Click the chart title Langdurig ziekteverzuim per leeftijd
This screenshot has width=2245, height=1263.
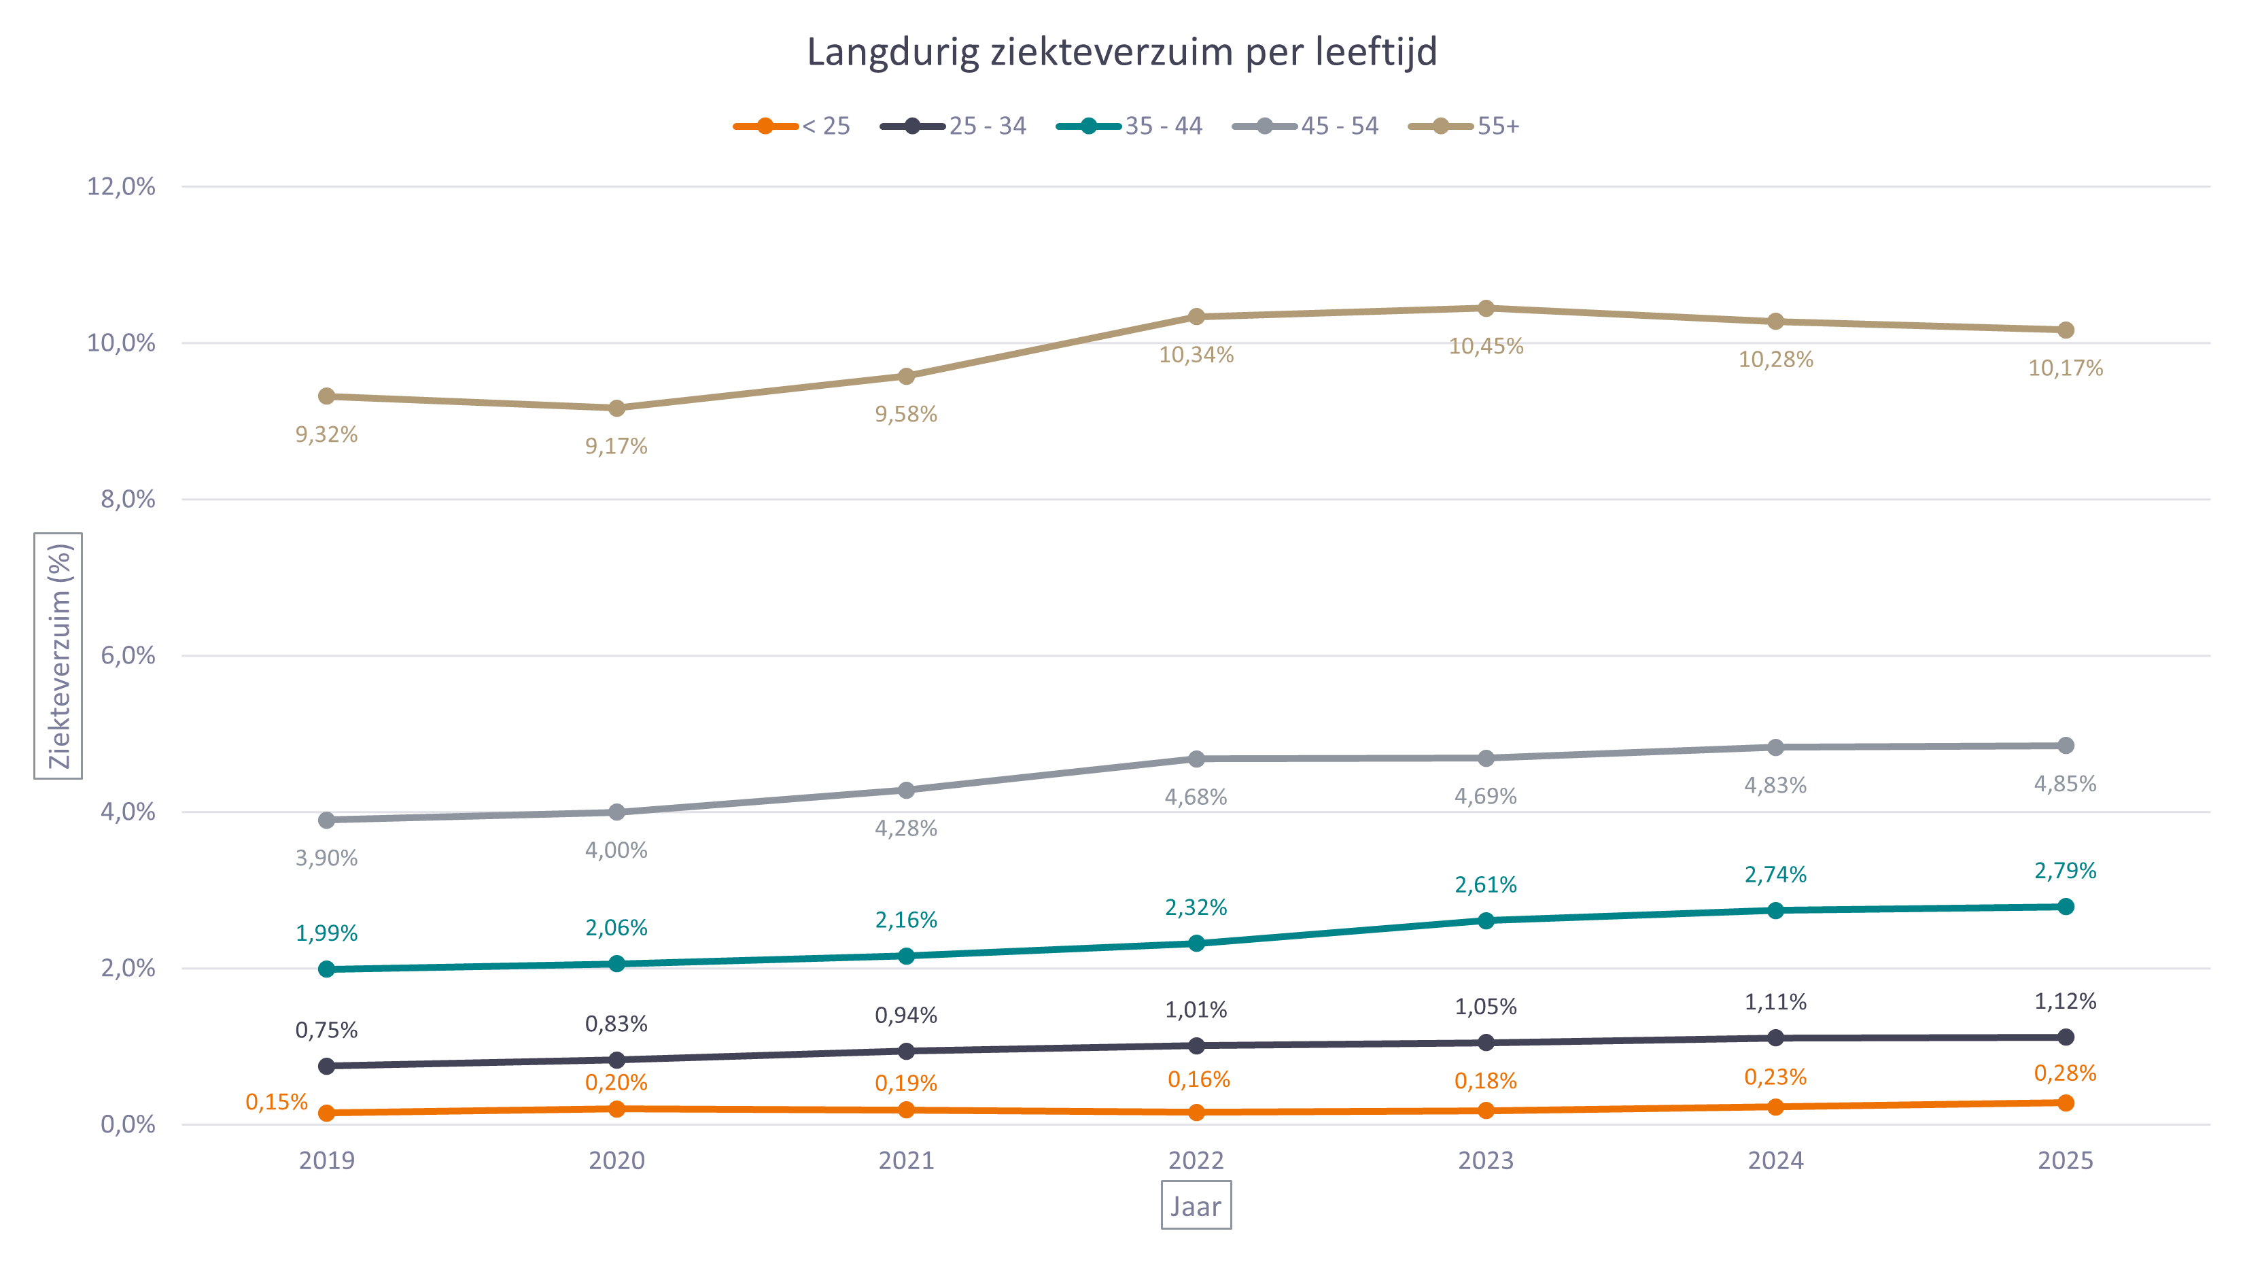1121,52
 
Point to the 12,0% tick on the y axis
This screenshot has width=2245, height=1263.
121,186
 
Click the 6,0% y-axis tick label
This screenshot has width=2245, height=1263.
127,655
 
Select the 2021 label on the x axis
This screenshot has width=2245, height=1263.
905,1161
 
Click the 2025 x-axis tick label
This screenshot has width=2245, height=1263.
2065,1161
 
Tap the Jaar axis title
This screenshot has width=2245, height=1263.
1196,1207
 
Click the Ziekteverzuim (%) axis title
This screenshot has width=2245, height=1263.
58,655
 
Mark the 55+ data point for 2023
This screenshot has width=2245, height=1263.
1486,309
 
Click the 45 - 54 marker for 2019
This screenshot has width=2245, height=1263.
327,820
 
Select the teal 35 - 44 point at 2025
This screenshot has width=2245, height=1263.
2065,907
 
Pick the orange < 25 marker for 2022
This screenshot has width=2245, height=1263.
1196,1112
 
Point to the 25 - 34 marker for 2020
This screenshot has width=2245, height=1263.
616,1060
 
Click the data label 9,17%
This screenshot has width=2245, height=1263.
616,447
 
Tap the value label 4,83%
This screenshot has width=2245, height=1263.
1775,785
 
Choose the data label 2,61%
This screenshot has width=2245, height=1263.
1486,884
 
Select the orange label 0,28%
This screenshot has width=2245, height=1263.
2065,1073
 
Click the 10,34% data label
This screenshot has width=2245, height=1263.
1196,355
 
